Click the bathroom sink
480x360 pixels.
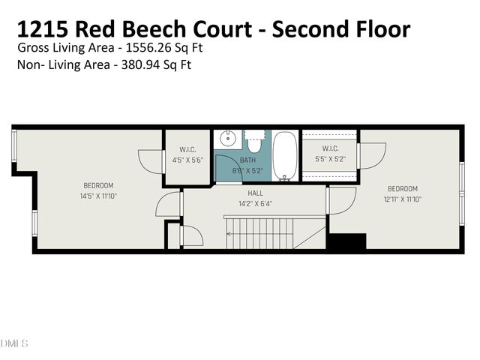coord(227,139)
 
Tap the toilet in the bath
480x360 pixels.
coord(254,140)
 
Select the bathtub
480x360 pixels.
coord(284,156)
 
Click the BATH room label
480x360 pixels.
coord(247,160)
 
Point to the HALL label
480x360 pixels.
coord(255,193)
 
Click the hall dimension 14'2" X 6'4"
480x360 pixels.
coord(255,202)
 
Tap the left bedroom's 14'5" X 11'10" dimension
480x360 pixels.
coord(98,196)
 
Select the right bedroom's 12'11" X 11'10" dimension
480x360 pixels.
coord(403,199)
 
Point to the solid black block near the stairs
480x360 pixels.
coord(347,242)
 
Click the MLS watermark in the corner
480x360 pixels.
coord(14,344)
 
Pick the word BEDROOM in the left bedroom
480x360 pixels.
coord(98,186)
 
